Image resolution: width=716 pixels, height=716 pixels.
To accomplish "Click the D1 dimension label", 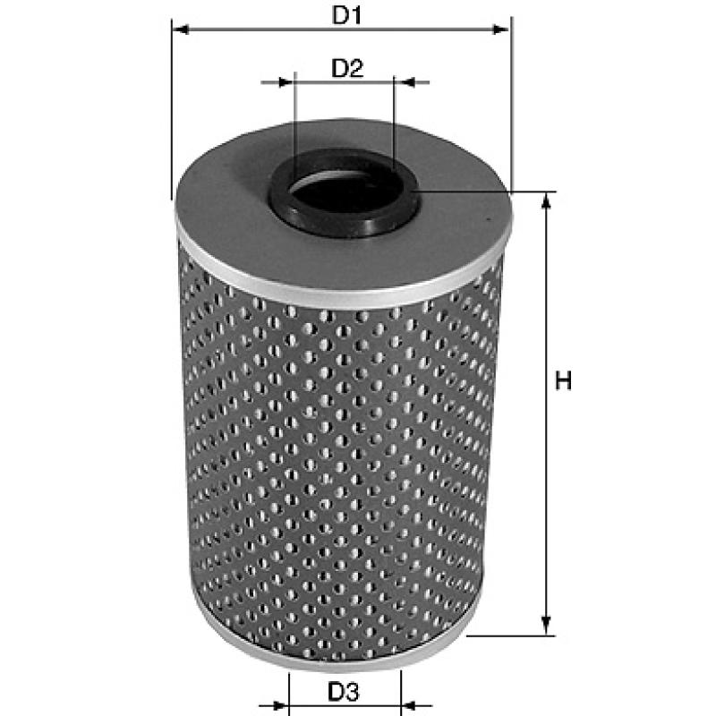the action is pyautogui.click(x=346, y=15).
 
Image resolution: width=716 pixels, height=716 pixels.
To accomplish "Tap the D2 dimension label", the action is pyautogui.click(x=347, y=68).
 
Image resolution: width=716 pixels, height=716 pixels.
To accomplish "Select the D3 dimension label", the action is pyautogui.click(x=344, y=692).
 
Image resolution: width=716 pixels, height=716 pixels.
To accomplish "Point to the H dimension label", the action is pyautogui.click(x=564, y=380).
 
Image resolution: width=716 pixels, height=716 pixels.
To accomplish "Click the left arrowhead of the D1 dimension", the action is pyautogui.click(x=182, y=30).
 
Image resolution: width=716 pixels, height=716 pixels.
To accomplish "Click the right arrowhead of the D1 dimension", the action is pyautogui.click(x=500, y=30).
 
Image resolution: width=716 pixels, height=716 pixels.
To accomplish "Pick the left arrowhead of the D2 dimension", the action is pyautogui.click(x=286, y=82).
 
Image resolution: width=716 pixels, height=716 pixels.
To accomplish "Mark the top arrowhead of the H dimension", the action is pyautogui.click(x=546, y=200).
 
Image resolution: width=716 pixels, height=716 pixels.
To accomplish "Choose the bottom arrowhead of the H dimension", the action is pyautogui.click(x=546, y=626).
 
